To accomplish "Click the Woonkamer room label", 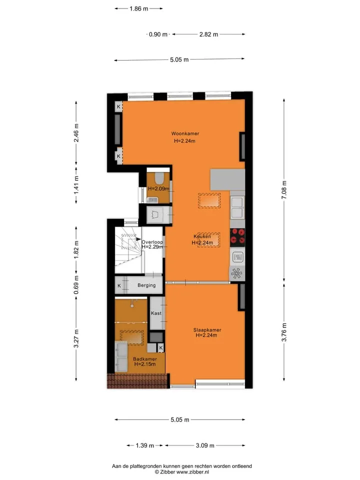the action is pyautogui.click(x=185, y=133).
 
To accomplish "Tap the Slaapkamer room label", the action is pyautogui.click(x=207, y=329).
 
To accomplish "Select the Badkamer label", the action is pyautogui.click(x=145, y=359).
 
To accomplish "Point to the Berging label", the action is pyautogui.click(x=146, y=285).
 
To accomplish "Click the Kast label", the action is pyautogui.click(x=156, y=313).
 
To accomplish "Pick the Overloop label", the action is pyautogui.click(x=152, y=242).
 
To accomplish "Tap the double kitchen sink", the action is pyautogui.click(x=237, y=207).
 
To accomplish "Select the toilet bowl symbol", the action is pyautogui.click(x=159, y=177).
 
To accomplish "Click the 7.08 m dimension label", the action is pyautogui.click(x=284, y=190).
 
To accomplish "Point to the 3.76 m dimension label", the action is pyautogui.click(x=284, y=332).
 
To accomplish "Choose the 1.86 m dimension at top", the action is pyautogui.click(x=138, y=8).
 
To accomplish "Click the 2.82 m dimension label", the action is pyautogui.click(x=209, y=34).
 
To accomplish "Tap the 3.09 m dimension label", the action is pyautogui.click(x=205, y=445).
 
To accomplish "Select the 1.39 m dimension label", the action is pyautogui.click(x=145, y=445).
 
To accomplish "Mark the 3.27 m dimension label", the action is pyautogui.click(x=76, y=338).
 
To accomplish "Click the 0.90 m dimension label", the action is pyautogui.click(x=158, y=34).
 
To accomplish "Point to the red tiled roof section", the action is pyautogui.click(x=138, y=381).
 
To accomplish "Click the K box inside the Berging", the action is pyautogui.click(x=119, y=285).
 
